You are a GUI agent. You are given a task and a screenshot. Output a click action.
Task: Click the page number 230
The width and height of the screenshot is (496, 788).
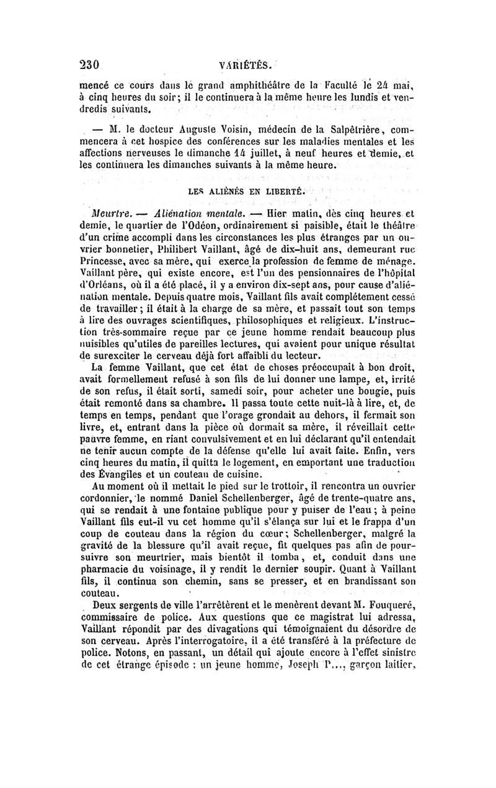[x=91, y=63]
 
